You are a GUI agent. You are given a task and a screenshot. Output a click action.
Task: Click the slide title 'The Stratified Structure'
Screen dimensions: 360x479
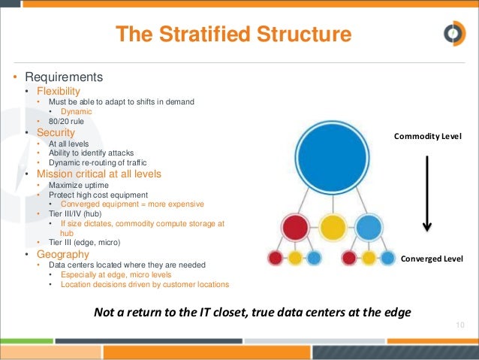[x=233, y=35]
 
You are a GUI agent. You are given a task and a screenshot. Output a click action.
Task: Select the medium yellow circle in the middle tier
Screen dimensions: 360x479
[x=333, y=228]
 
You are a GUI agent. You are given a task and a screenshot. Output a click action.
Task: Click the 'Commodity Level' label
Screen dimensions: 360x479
[x=427, y=137]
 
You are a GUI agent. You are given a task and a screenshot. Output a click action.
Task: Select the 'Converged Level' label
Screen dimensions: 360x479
[x=432, y=259]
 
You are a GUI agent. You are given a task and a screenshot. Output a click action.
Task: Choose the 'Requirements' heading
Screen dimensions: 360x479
[x=64, y=77]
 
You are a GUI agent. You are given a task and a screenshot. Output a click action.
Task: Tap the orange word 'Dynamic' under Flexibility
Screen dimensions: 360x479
[x=76, y=111]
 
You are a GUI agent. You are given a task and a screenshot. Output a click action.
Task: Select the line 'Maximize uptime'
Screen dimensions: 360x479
[x=77, y=184]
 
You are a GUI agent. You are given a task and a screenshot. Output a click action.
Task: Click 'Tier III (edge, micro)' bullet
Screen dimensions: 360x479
[x=84, y=242]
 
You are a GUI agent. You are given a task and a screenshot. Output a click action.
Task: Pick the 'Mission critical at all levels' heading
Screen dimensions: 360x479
[x=104, y=173]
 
